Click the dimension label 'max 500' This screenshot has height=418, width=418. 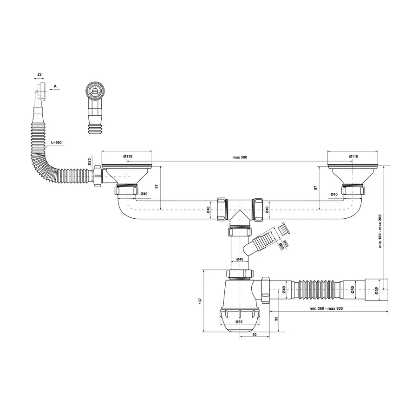pyautogui.click(x=240, y=157)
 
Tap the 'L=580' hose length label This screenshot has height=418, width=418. pyautogui.click(x=56, y=142)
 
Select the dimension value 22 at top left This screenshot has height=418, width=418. pyautogui.click(x=39, y=74)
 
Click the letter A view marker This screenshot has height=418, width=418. pyautogui.click(x=55, y=86)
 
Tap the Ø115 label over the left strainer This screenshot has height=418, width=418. pyautogui.click(x=128, y=157)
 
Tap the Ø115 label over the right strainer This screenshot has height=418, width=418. pyautogui.click(x=353, y=157)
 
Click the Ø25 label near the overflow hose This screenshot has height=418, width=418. pyautogui.click(x=89, y=163)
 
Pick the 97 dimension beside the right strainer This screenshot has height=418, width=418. pyautogui.click(x=315, y=188)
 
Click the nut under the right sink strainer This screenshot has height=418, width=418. pyautogui.click(x=354, y=191)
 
